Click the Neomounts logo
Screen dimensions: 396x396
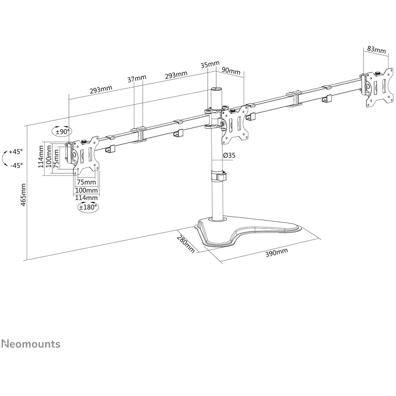(31, 344)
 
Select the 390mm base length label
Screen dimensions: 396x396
(277, 252)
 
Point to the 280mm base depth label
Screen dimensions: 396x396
(186, 244)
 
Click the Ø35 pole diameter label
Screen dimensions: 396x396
(229, 155)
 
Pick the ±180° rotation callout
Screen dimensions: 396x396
(88, 207)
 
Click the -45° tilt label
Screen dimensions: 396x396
(17, 166)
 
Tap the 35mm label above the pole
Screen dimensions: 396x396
(210, 65)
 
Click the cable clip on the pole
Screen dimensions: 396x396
(218, 176)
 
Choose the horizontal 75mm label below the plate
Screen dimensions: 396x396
(86, 182)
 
